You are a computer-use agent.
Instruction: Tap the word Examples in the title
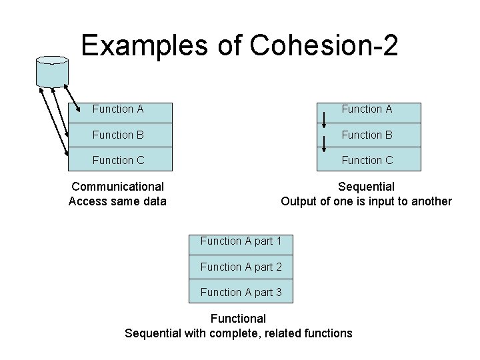click(x=131, y=45)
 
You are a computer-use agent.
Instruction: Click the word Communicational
click(x=118, y=187)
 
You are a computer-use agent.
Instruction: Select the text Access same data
click(x=118, y=201)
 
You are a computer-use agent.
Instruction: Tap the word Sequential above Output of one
click(x=366, y=187)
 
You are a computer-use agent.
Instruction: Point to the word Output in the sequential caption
click(x=299, y=201)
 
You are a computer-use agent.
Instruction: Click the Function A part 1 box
click(x=241, y=241)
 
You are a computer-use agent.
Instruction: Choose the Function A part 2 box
click(x=241, y=267)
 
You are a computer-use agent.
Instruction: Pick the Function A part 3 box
click(x=241, y=292)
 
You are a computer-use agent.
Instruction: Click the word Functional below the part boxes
click(x=238, y=319)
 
